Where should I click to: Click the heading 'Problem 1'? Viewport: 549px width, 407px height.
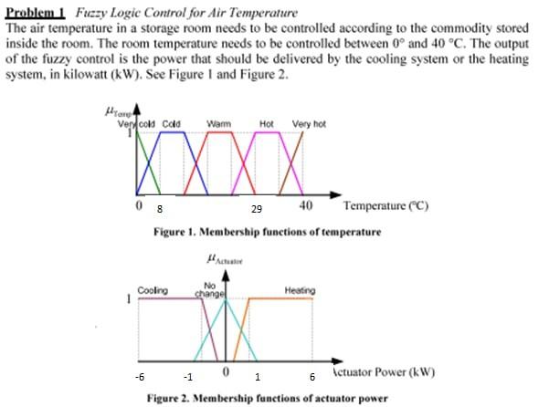[x=36, y=13]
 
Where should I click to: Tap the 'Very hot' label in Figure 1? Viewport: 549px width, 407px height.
[x=309, y=122]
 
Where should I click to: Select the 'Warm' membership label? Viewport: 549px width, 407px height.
[x=218, y=122]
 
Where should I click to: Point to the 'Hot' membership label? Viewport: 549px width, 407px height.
[x=268, y=122]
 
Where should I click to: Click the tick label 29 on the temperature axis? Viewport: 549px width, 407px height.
[x=257, y=209]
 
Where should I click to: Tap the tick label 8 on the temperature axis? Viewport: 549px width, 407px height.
[x=157, y=208]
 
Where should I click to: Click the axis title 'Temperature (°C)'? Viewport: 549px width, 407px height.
[x=387, y=205]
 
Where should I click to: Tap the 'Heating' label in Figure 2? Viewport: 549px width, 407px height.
[x=300, y=290]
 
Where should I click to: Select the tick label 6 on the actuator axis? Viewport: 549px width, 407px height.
[x=311, y=376]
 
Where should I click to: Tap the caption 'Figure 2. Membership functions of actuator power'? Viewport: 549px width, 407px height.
[x=267, y=399]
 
